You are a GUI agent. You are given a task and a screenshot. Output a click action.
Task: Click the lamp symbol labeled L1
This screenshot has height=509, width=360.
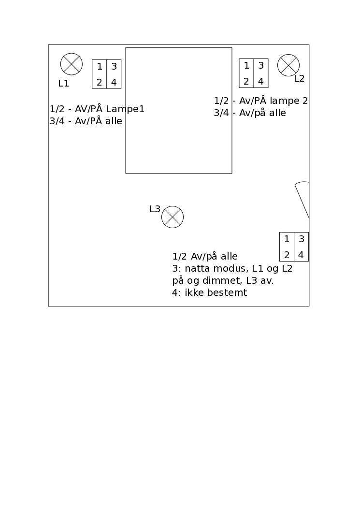72,64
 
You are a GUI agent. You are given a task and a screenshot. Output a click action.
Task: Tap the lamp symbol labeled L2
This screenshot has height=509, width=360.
288,65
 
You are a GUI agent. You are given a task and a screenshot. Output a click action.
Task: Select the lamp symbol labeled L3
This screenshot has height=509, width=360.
173,217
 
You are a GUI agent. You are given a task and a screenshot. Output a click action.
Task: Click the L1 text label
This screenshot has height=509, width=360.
64,84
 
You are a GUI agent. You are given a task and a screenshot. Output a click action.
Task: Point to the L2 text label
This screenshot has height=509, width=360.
299,79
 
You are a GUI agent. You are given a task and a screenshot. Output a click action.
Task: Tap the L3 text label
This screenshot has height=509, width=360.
155,209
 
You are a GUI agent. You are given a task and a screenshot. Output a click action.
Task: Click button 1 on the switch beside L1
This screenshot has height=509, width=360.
100,67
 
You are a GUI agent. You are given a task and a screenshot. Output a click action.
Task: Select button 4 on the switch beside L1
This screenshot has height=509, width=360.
114,82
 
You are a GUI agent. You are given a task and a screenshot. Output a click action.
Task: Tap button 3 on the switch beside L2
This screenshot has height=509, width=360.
261,66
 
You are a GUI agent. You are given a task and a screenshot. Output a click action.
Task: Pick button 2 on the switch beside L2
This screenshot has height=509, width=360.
246,81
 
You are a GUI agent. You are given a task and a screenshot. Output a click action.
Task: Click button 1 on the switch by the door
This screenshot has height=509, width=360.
287,239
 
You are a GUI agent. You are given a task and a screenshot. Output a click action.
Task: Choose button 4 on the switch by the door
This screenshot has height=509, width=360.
301,255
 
